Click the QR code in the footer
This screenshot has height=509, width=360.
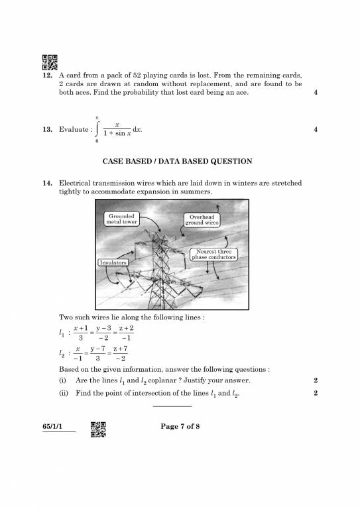98,429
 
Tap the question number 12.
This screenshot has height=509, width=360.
47,76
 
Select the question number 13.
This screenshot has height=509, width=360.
47,130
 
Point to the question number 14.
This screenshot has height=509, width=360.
47,182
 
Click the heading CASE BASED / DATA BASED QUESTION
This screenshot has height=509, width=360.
176,161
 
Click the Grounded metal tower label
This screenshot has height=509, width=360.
122,219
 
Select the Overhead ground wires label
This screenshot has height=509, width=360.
202,220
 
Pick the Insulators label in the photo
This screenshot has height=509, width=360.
113,262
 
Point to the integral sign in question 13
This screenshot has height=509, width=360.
97,129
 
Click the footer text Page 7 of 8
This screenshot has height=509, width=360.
180,426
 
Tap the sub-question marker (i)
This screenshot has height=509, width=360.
64,380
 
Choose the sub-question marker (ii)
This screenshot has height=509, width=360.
64,394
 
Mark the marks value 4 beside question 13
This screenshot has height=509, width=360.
316,130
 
